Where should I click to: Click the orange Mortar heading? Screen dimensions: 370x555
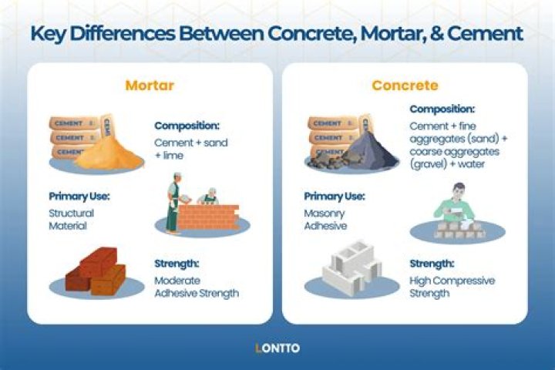[150, 85]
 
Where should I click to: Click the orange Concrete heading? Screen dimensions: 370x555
[405, 85]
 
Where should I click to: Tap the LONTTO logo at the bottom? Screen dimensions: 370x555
[277, 348]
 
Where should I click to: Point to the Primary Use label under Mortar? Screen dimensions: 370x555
[79, 196]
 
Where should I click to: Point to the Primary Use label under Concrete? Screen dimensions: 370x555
[334, 196]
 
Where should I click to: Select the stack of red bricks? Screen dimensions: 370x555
[95, 272]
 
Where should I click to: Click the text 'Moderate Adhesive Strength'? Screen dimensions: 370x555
[196, 287]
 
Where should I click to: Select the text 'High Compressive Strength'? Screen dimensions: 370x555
[452, 287]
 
